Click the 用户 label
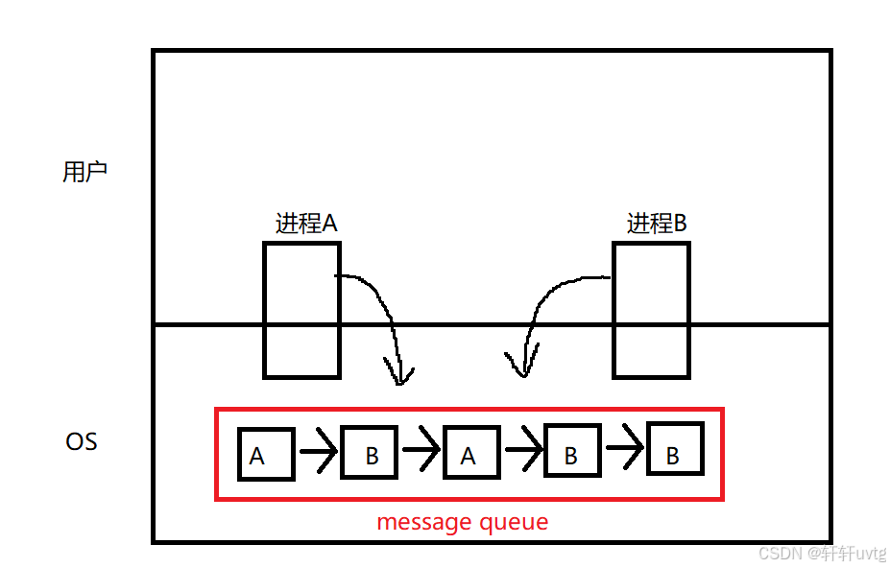pyautogui.click(x=84, y=173)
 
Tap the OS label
pyautogui.click(x=82, y=442)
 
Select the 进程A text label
pyautogui.click(x=306, y=224)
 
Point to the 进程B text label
pyautogui.click(x=657, y=224)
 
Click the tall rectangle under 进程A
pyautogui.click(x=301, y=309)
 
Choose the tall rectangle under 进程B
pyautogui.click(x=651, y=309)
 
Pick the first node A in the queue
pyautogui.click(x=265, y=454)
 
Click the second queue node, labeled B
pyautogui.click(x=371, y=453)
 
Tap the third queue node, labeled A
pyautogui.click(x=471, y=453)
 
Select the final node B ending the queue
pyautogui.click(x=675, y=451)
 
